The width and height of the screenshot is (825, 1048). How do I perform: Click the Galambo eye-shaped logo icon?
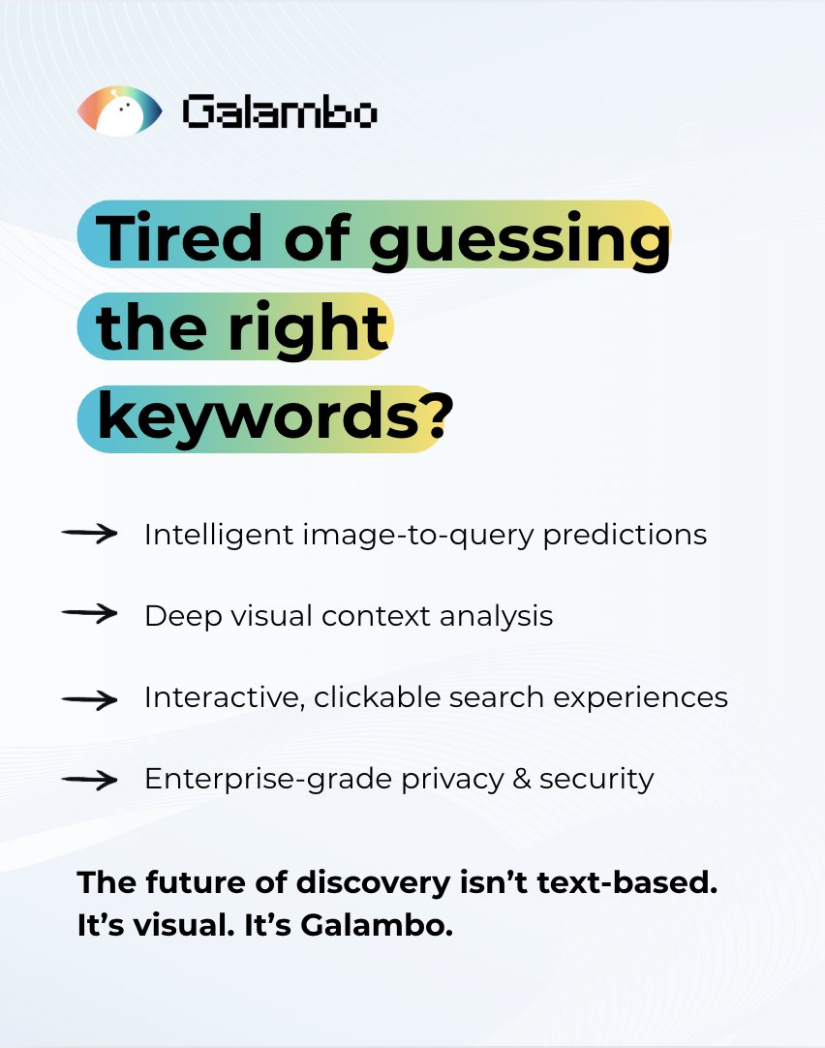pyautogui.click(x=119, y=111)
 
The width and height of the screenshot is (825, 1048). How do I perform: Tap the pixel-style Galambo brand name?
pyautogui.click(x=280, y=114)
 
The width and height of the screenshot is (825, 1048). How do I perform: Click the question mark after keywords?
pyautogui.click(x=436, y=417)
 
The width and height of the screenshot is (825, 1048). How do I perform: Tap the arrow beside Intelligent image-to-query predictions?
pyautogui.click(x=89, y=533)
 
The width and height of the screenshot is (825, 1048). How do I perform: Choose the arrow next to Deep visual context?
pyautogui.click(x=89, y=614)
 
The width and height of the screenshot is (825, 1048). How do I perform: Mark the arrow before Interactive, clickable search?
pyautogui.click(x=89, y=697)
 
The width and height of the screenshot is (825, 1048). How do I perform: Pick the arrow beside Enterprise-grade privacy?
pyautogui.click(x=89, y=779)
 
